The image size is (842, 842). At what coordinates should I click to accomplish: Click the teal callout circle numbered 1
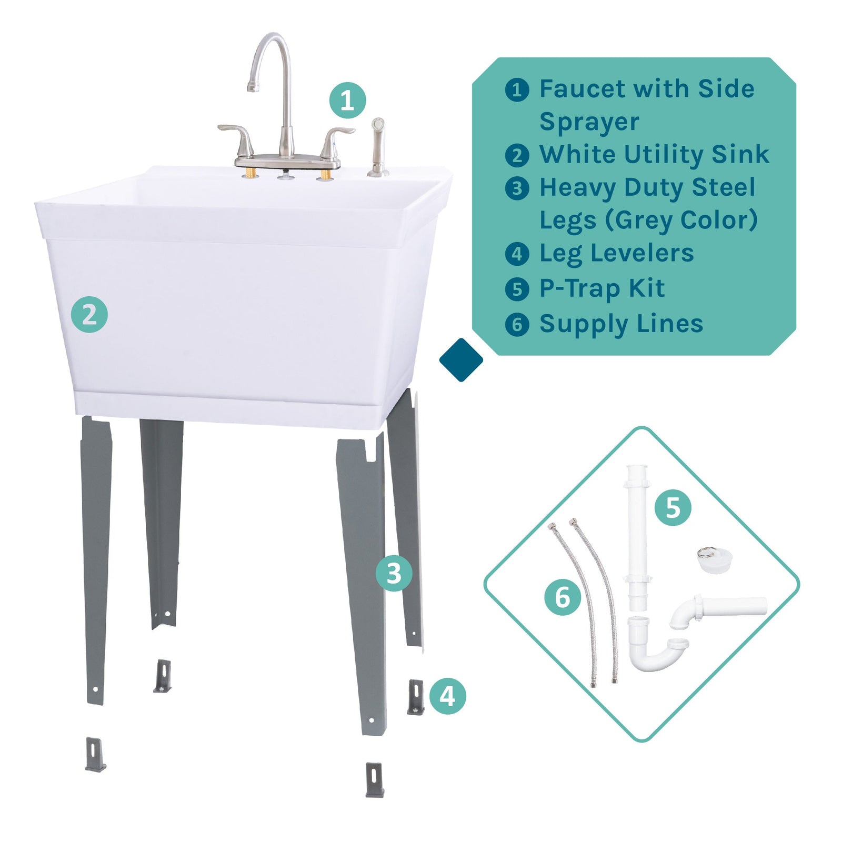pos(347,100)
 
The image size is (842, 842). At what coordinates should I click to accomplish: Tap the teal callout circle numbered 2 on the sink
pos(89,315)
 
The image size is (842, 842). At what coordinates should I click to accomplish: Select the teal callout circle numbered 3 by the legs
pos(394,573)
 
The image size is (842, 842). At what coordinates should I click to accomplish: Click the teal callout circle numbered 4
pos(447,696)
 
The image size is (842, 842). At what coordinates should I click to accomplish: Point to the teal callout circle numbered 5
pos(673,508)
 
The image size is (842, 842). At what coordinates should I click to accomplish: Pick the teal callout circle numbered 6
pos(563,597)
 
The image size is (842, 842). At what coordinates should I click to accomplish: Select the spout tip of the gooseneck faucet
pos(253,87)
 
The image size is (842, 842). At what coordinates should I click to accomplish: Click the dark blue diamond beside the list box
pos(461,360)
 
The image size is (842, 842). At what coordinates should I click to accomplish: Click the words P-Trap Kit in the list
pos(602,288)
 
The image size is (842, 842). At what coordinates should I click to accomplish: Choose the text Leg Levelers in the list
pos(616,253)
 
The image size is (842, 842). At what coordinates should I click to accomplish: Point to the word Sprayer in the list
pos(589,122)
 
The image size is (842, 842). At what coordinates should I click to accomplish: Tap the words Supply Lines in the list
pos(621,324)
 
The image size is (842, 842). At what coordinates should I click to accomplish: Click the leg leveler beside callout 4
pos(416,697)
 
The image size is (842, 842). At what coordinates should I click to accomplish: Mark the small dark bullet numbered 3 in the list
pos(517,188)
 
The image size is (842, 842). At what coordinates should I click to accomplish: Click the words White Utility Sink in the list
pos(654,155)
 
